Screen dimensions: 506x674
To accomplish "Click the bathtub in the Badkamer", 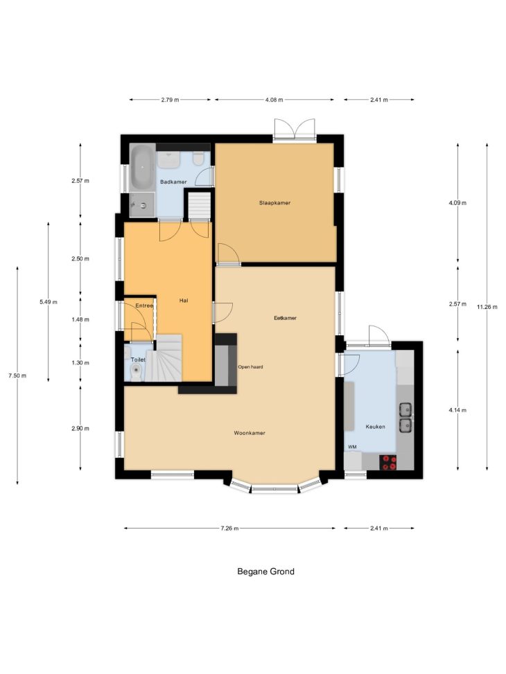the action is tap(142, 168).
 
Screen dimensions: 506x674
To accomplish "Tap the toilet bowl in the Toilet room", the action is tap(137, 372).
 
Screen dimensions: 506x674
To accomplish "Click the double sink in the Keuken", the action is tap(405, 417).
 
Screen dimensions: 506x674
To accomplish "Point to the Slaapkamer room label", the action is tap(274, 203).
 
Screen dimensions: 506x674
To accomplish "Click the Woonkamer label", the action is tap(250, 433).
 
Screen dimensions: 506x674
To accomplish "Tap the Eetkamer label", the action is tap(286, 318).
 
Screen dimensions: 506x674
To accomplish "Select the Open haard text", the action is tap(250, 367).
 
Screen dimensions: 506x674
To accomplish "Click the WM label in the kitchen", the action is tap(352, 447).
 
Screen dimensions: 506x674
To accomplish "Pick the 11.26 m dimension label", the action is tap(487, 307).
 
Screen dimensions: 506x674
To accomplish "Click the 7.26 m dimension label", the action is tap(229, 529).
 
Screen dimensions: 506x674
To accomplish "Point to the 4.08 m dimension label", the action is tap(274, 100).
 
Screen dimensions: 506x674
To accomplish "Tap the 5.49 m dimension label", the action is tap(49, 302).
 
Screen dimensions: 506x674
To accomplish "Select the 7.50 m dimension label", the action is tap(17, 375).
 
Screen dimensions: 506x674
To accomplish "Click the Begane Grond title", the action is tap(266, 571).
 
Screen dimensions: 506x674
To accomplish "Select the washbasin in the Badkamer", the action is tap(168, 160).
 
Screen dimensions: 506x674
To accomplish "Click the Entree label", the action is tap(144, 305).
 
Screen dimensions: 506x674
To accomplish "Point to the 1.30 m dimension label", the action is tap(80, 363).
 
